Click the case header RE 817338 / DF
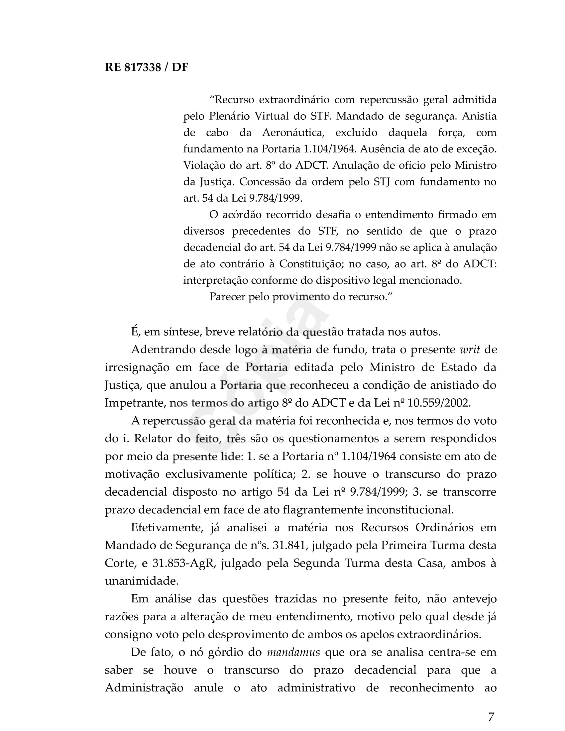[146, 67]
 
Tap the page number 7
[491, 716]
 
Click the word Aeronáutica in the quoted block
[293, 133]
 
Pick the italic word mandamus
[293, 652]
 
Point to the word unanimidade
[141, 581]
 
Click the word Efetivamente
[168, 528]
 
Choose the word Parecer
[227, 296]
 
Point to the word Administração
[144, 688]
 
